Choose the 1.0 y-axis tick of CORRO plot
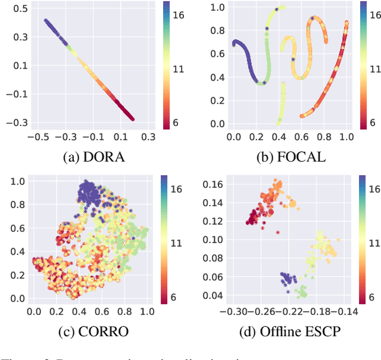click(x=18, y=181)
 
